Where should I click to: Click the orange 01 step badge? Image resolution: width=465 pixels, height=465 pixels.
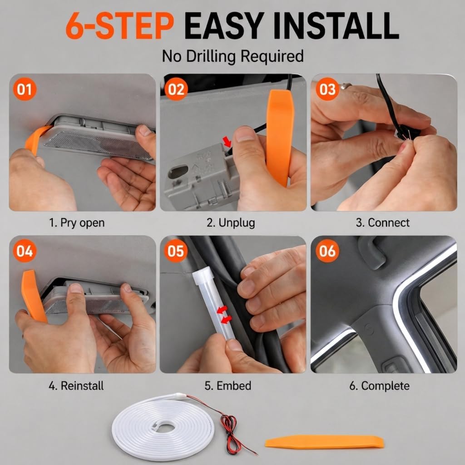tap(25, 89)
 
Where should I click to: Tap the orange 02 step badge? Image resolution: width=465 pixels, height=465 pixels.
tap(176, 89)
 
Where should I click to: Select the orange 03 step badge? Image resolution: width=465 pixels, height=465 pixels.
tap(327, 89)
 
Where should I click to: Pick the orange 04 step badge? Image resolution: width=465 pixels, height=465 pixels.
tap(25, 251)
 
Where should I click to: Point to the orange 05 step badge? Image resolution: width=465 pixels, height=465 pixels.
tap(176, 251)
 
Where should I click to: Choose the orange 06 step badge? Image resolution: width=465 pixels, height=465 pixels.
tap(327, 251)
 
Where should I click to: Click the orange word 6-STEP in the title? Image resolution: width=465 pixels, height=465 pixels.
tap(119, 26)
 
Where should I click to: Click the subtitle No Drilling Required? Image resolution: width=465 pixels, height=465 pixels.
tap(233, 56)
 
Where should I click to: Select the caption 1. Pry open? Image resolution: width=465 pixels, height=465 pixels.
tap(77, 223)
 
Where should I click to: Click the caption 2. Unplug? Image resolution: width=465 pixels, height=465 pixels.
tap(231, 223)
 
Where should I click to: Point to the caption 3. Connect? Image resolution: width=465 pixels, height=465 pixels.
tap(382, 223)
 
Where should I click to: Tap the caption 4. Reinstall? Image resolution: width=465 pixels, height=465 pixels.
tap(76, 386)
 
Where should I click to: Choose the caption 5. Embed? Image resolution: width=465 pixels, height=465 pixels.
tap(228, 386)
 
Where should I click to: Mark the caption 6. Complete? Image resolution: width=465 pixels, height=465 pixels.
tap(379, 386)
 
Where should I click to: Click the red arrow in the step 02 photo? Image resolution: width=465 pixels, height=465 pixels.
tap(227, 141)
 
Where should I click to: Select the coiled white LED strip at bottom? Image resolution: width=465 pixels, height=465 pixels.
tap(163, 427)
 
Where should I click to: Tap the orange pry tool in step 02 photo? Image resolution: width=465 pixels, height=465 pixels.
tap(280, 138)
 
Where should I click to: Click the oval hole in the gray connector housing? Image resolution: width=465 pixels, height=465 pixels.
tap(178, 172)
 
